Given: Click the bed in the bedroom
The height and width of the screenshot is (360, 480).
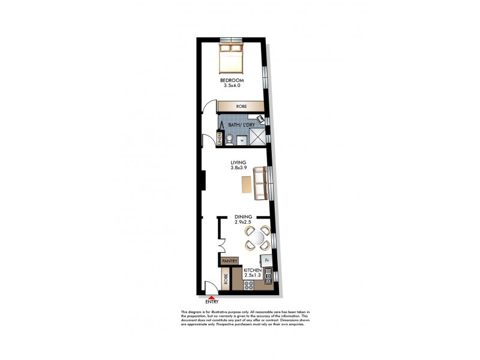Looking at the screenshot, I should coord(230,57).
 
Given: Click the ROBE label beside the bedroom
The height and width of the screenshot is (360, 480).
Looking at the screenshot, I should coord(241,106).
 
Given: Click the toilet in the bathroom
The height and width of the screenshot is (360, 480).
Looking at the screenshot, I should coord(229,140).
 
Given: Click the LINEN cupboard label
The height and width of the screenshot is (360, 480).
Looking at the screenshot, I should coord(220,139).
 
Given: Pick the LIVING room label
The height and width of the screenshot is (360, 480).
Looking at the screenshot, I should coord(238,163).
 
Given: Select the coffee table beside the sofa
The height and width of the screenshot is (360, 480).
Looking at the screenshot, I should coord(246,184).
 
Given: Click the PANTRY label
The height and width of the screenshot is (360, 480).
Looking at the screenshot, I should coord(229,261).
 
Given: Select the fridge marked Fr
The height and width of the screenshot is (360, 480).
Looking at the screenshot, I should coord(266,261).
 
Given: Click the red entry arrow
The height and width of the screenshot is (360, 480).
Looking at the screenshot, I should coord(211,296).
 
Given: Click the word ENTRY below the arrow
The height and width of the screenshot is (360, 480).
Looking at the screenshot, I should coord(212,302).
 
